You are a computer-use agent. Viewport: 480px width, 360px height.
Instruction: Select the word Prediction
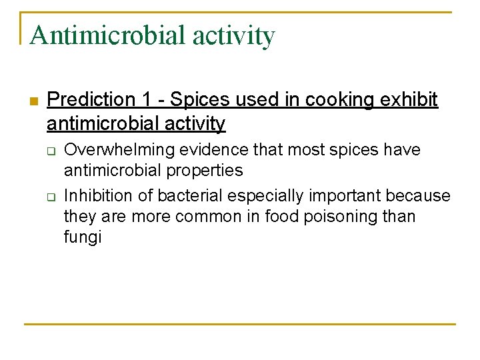91,100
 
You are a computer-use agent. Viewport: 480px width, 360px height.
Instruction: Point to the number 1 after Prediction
147,100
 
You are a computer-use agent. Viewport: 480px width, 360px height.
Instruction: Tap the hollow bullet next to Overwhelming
50,151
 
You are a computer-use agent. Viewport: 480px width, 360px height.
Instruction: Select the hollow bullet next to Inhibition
50,197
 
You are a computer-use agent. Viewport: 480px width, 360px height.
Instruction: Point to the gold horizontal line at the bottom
240,325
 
